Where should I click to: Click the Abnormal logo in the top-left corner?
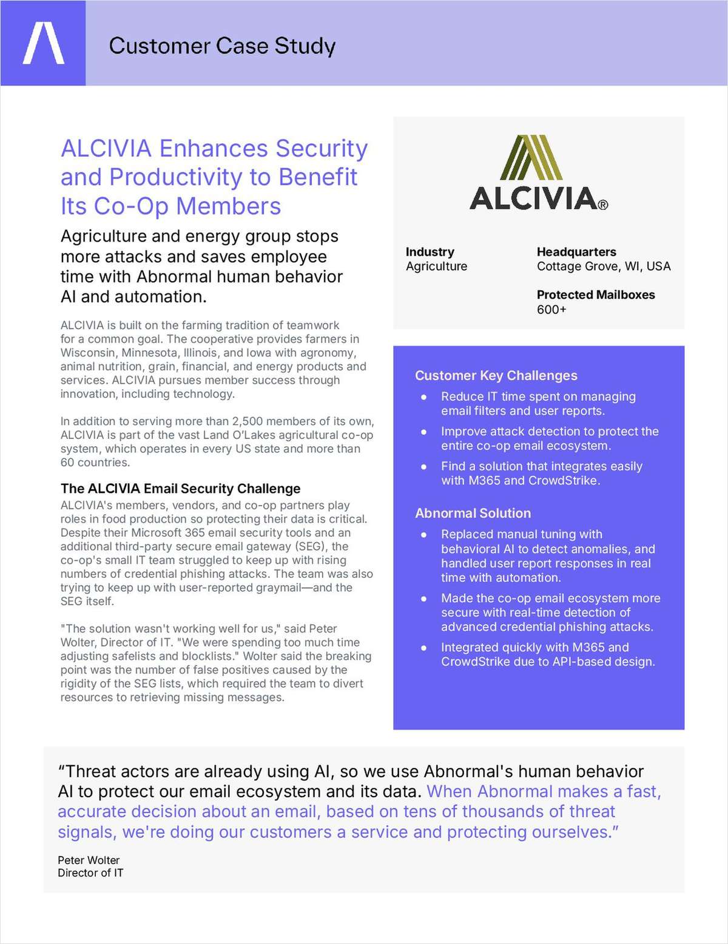[x=43, y=43]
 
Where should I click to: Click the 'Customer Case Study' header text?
[x=222, y=46]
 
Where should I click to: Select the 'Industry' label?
[x=430, y=252]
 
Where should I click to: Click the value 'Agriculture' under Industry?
[x=436, y=267]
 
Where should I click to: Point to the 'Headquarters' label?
[x=576, y=252]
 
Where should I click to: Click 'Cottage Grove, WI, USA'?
[x=603, y=267]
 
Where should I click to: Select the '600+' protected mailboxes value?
[x=551, y=310]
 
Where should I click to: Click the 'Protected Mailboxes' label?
[x=595, y=295]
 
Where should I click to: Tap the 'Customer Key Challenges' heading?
[x=496, y=376]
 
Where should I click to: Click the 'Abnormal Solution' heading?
[x=473, y=514]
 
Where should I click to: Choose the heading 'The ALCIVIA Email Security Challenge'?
[x=180, y=489]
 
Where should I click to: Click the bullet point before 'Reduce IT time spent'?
[x=424, y=397]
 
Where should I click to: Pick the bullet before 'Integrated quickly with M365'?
[x=424, y=648]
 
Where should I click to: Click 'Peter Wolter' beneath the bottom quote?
[x=89, y=860]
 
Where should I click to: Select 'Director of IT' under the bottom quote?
[x=90, y=873]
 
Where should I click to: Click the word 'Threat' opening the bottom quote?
[x=92, y=772]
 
